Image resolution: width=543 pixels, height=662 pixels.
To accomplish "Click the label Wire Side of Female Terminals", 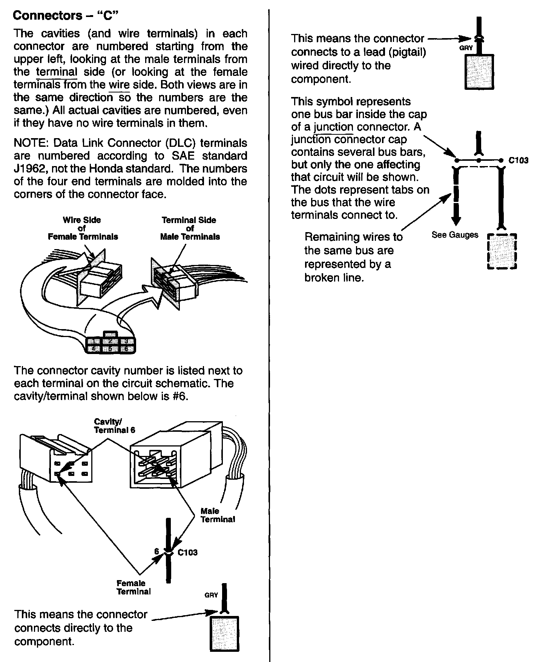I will [83, 228].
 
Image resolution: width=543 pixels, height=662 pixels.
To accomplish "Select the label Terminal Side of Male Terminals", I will [190, 228].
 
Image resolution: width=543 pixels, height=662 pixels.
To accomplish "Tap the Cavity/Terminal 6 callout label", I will [114, 426].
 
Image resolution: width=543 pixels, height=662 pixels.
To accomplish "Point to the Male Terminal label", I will [217, 515].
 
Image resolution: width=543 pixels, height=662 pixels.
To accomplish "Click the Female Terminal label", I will [133, 587].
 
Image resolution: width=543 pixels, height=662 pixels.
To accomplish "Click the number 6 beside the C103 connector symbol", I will [157, 551].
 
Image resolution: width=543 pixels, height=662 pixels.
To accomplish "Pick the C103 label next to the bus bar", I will [518, 160].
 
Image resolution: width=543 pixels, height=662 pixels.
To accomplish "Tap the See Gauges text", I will [455, 235].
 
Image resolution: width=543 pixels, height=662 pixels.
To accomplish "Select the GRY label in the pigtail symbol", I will [466, 48].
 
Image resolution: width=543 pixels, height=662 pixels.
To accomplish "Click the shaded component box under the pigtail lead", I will [479, 72].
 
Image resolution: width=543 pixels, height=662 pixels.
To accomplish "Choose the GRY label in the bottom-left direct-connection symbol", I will [211, 595].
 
